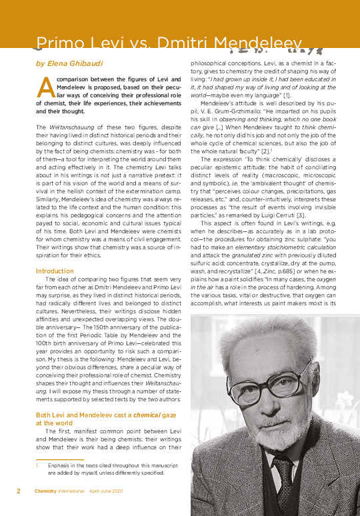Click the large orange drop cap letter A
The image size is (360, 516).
[x=45, y=86]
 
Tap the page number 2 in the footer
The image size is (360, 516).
[x=18, y=491]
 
